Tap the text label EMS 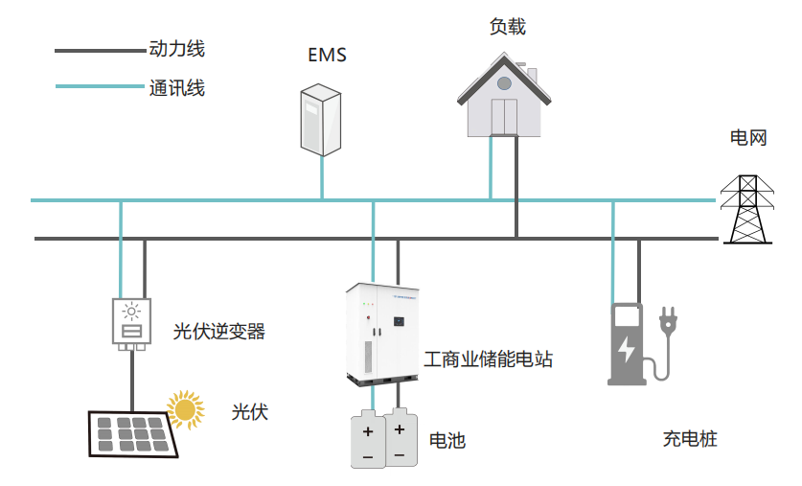[x=327, y=55]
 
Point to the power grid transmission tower [x=746, y=210]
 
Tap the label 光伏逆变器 [x=218, y=333]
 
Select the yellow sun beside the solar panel [x=186, y=409]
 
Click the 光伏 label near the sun [x=249, y=412]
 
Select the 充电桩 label [x=690, y=440]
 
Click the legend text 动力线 [x=177, y=48]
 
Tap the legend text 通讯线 [x=177, y=88]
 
